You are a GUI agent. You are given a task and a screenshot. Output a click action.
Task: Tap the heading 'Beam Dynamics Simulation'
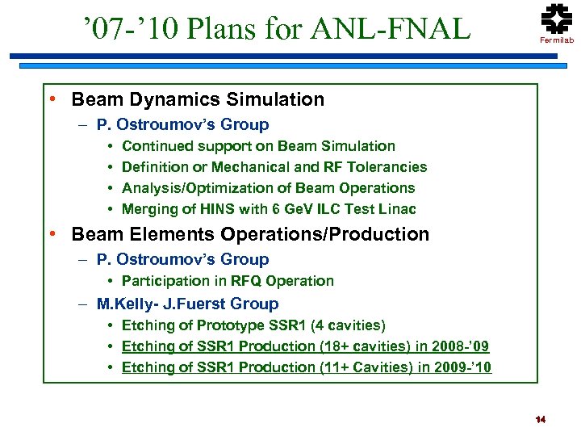pos(198,100)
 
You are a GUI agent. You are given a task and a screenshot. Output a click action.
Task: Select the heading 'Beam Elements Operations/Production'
pos(250,235)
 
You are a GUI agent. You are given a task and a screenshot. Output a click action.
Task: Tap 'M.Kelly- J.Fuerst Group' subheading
pos(187,304)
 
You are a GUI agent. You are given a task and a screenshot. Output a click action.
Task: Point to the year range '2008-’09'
pos(462,346)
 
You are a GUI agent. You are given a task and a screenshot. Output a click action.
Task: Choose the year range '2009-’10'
pos(464,367)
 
